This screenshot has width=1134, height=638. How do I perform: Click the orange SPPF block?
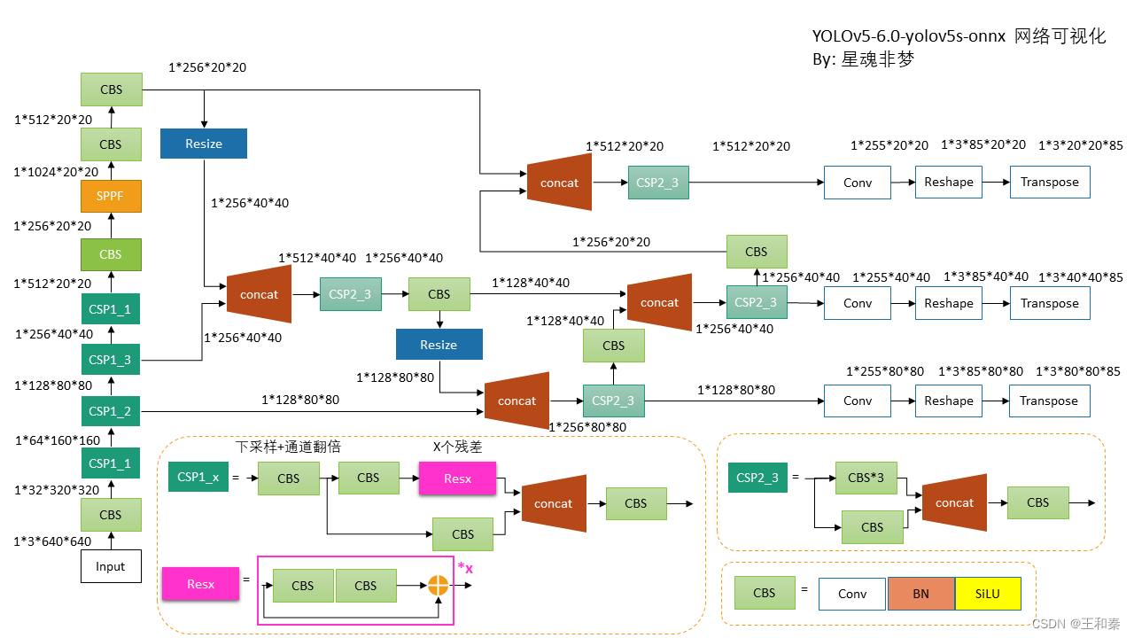click(111, 196)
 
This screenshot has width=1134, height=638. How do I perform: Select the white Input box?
click(111, 566)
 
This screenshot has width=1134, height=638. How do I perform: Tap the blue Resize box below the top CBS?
click(204, 144)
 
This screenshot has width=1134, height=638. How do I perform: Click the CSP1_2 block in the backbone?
click(111, 411)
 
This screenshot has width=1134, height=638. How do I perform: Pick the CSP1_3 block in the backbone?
click(111, 360)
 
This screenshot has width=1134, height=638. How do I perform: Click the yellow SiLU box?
click(988, 594)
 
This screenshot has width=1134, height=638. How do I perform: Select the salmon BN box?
click(920, 594)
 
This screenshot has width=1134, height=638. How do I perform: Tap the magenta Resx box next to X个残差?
click(457, 478)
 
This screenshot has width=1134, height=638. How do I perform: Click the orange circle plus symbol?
click(438, 585)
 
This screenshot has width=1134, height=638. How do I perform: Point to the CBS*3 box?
click(866, 478)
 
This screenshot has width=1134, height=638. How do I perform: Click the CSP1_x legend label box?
click(198, 478)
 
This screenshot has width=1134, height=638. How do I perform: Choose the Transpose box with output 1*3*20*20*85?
click(1049, 182)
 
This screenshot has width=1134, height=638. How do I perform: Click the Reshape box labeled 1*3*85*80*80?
click(948, 401)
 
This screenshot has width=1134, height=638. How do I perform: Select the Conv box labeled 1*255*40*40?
click(857, 303)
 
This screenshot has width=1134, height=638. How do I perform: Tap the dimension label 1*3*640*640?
click(52, 541)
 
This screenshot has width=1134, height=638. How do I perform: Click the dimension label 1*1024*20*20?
click(56, 172)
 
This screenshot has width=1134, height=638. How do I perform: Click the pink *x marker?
click(465, 568)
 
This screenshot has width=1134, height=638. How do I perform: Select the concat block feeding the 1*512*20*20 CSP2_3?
click(559, 183)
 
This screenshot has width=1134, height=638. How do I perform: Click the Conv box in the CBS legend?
click(851, 594)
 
